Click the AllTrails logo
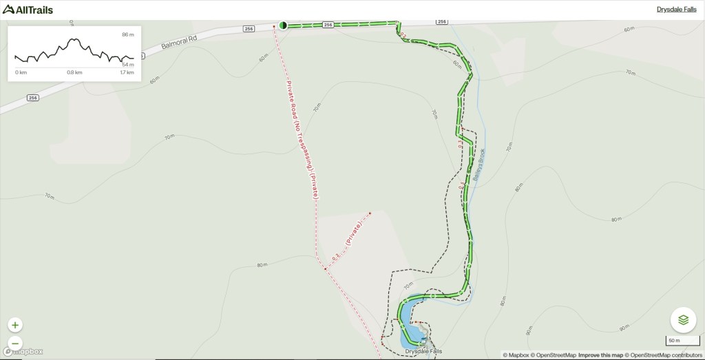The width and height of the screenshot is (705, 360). (28, 10)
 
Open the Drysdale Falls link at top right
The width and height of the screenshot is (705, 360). (676, 10)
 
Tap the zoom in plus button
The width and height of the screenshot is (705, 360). (16, 325)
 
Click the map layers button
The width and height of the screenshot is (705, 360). (683, 320)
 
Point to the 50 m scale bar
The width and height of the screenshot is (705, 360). (675, 341)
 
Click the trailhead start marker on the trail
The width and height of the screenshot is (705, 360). (283, 25)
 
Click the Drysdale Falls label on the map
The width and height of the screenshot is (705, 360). (423, 352)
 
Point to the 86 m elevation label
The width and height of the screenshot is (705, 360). (127, 34)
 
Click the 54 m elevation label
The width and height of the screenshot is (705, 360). (127, 65)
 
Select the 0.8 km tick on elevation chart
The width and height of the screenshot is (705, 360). (74, 72)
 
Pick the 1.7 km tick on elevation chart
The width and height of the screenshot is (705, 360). (127, 72)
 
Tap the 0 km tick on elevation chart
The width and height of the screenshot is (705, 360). (21, 72)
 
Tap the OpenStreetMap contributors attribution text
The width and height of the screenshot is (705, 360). (664, 355)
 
